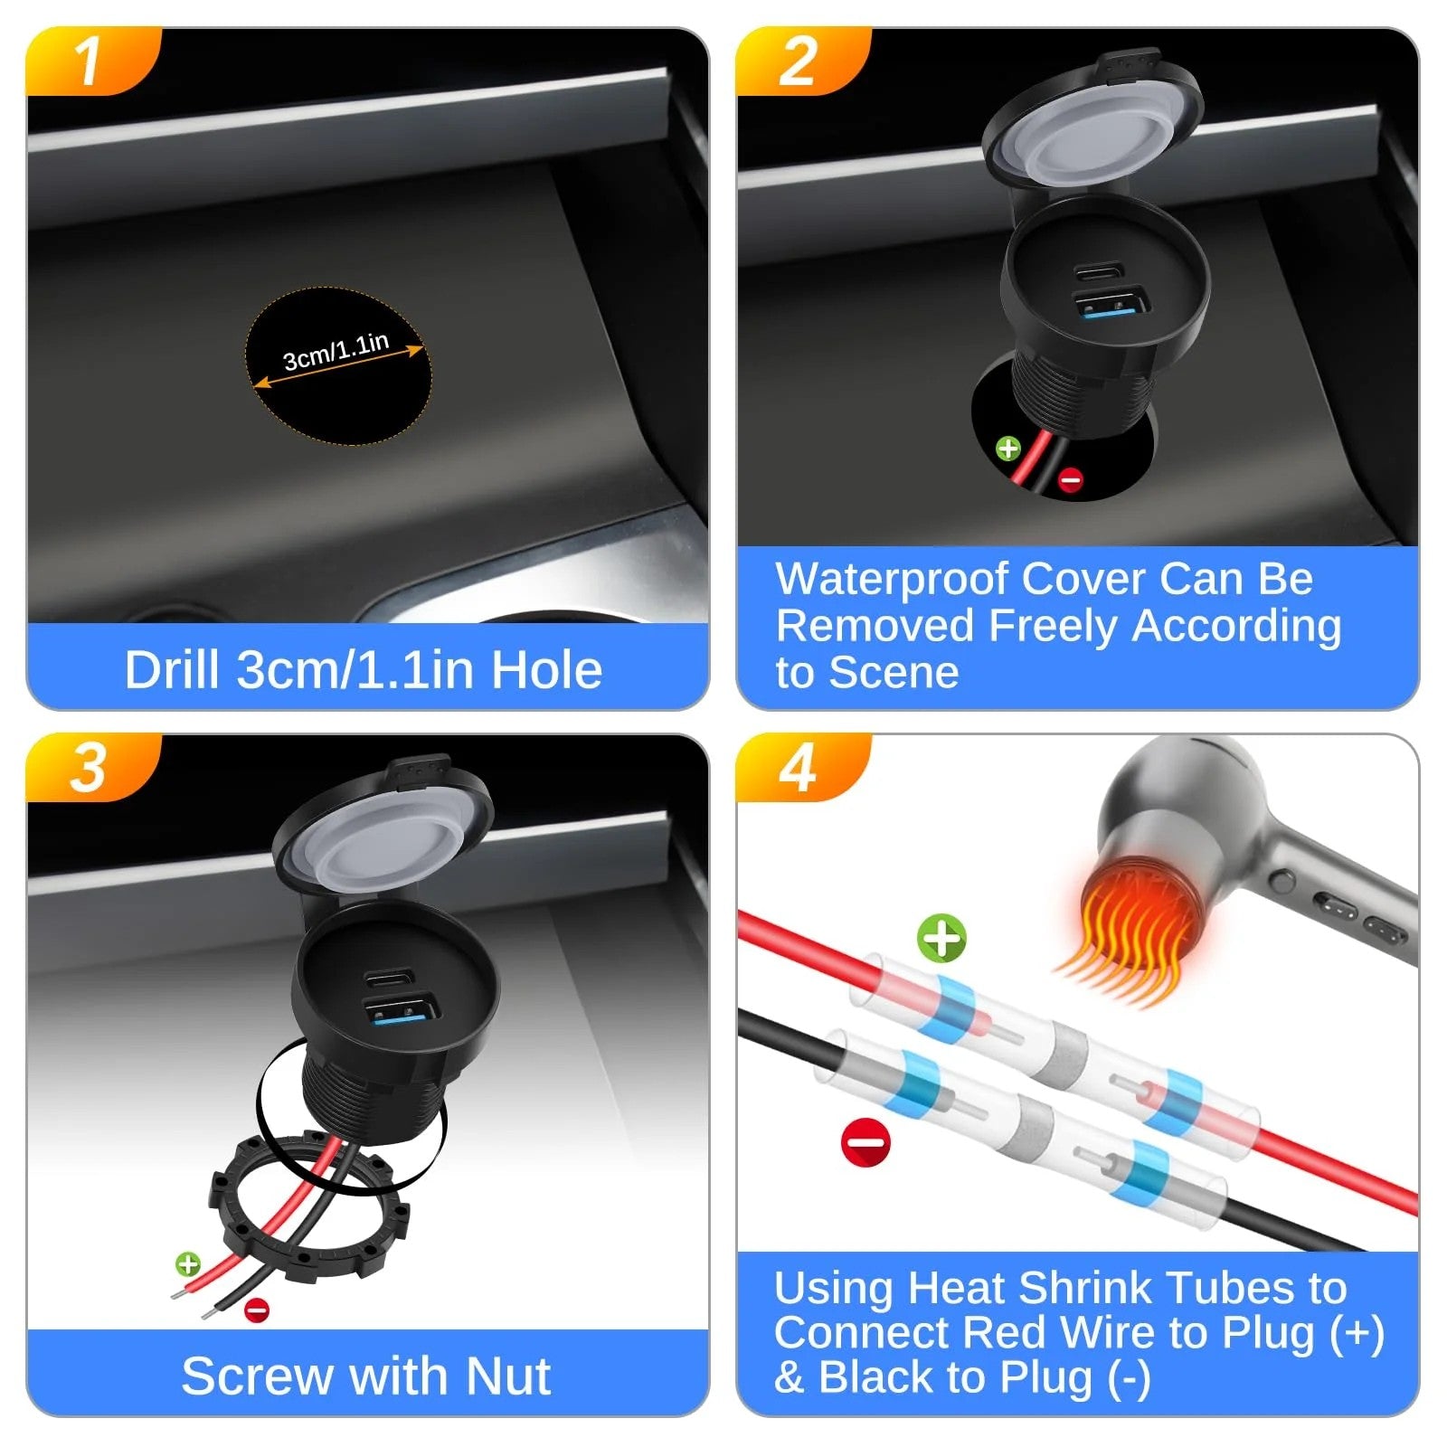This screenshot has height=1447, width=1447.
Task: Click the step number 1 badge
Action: coord(90,61)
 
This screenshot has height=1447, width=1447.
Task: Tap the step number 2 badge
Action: coord(799,61)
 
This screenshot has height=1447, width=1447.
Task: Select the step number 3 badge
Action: coord(90,768)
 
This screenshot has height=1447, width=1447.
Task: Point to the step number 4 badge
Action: coord(799,769)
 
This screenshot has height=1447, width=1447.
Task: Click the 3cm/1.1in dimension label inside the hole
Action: coord(336,352)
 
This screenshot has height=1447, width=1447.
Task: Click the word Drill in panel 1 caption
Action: coord(172,670)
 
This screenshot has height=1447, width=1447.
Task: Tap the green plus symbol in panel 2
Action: coord(1008,448)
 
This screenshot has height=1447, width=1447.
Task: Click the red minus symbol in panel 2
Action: coord(1071,479)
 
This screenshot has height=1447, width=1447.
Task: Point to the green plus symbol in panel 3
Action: coord(188,1263)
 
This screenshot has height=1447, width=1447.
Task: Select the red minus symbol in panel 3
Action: coord(257,1309)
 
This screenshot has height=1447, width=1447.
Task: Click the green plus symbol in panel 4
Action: coord(942,938)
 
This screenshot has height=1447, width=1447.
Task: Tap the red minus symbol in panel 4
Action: coord(866,1142)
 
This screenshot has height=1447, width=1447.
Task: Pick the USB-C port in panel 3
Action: coord(389,978)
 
